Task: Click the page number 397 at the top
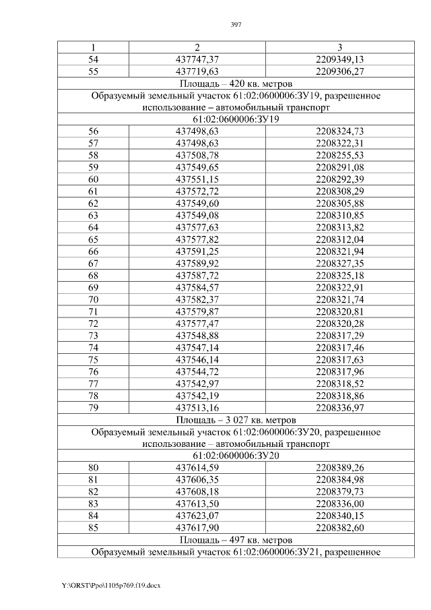tap(236, 24)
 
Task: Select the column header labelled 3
tap(339, 47)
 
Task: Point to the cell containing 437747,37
tap(197, 59)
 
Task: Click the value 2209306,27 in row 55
tap(339, 71)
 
